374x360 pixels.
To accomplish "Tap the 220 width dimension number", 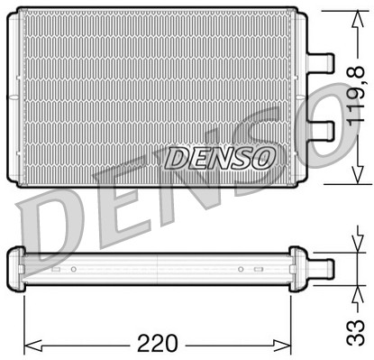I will click(160, 343).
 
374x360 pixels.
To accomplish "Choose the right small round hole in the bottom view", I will click(241, 269).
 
